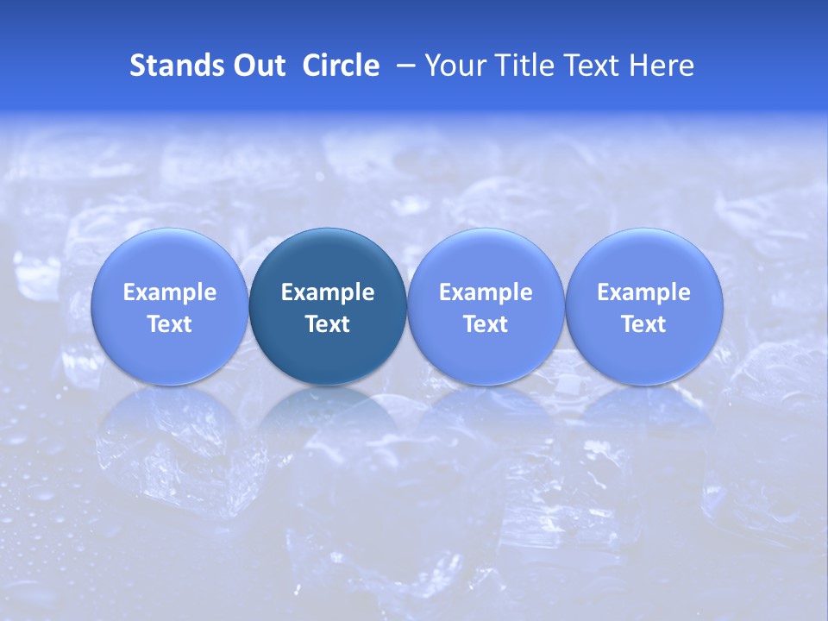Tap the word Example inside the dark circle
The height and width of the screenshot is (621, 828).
pos(328,292)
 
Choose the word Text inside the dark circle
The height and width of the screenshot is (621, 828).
pos(328,324)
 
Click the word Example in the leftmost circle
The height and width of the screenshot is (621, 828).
pos(170,292)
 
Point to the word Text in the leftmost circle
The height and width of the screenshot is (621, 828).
pos(170,324)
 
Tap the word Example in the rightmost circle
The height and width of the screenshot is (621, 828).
pos(644,292)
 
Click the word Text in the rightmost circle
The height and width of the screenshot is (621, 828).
pos(644,324)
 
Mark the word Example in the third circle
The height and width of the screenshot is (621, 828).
pos(486,292)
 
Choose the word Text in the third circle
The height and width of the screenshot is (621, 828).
pos(486,324)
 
